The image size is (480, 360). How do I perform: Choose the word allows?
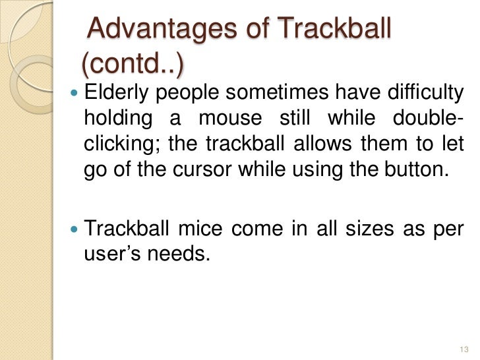pos(322,145)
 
